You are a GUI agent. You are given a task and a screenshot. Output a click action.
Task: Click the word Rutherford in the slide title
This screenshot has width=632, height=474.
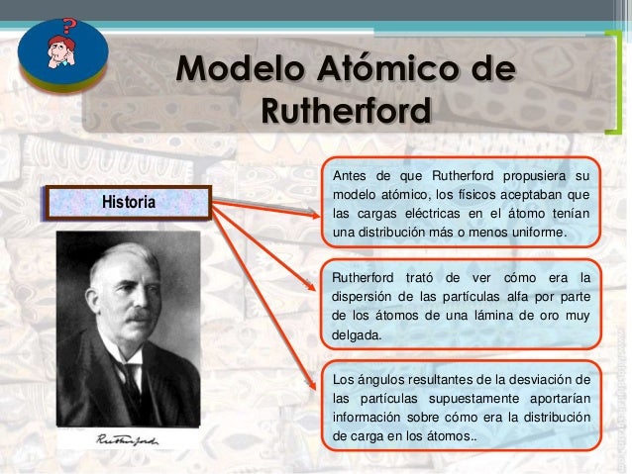[x=346, y=111]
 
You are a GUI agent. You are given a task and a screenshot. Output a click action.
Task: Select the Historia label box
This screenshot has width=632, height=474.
[x=128, y=202]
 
